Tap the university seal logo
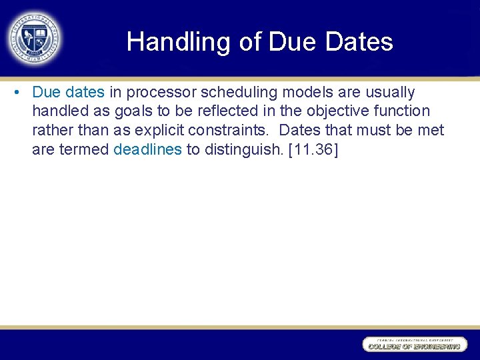tap(35, 39)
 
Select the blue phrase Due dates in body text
tap(68, 92)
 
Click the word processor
tap(157, 92)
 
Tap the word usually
tap(386, 92)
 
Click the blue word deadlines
tap(147, 150)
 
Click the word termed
tap(84, 150)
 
